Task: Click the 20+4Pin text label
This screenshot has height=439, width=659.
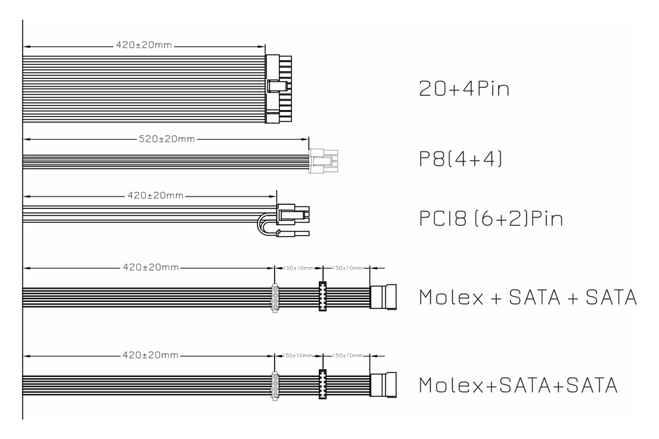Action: click(x=465, y=89)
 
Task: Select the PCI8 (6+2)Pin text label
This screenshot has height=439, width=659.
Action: click(x=491, y=218)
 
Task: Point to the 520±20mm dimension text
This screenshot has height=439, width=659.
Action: click(x=166, y=140)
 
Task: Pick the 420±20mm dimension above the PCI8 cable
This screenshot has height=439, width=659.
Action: click(x=153, y=196)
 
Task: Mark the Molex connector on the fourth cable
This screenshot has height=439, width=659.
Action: click(x=275, y=298)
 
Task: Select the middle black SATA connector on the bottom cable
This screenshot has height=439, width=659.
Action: click(x=323, y=384)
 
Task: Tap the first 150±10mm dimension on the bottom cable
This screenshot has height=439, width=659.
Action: click(x=297, y=355)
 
